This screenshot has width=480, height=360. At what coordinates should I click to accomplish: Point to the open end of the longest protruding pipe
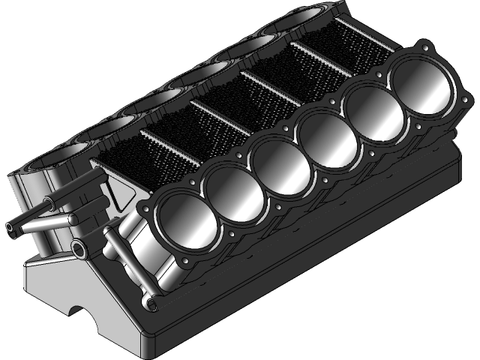coord(10,226)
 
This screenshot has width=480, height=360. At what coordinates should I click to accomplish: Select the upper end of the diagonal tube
coord(109,233)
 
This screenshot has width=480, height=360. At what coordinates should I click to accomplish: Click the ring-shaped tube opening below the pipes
coord(79,248)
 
